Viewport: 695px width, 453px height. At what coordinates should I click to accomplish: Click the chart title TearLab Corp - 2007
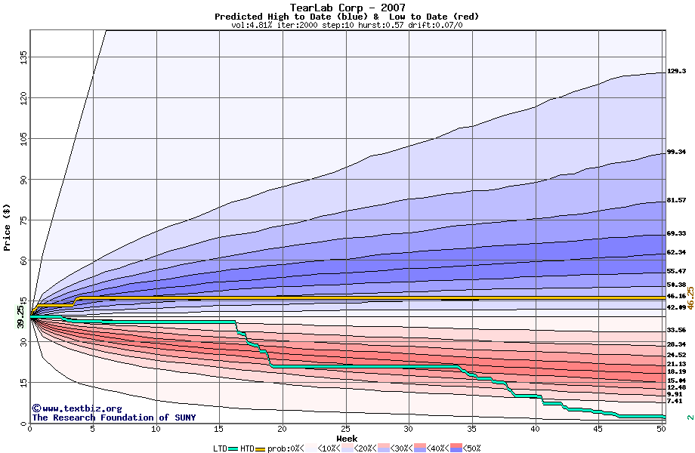(347, 8)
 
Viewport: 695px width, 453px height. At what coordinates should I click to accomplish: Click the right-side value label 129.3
(676, 72)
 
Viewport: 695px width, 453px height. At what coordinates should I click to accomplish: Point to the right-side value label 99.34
(676, 153)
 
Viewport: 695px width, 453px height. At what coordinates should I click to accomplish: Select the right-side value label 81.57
(676, 201)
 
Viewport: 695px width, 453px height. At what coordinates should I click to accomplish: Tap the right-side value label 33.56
(676, 331)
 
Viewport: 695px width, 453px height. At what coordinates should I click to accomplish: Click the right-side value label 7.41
(675, 402)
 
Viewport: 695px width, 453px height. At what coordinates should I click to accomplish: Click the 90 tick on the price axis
(22, 180)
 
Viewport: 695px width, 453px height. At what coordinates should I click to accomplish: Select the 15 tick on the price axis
(22, 382)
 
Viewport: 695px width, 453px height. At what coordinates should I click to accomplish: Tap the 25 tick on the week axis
(345, 430)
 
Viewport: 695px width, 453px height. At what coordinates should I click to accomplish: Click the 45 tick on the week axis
(598, 430)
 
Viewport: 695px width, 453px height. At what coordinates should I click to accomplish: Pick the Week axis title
(347, 439)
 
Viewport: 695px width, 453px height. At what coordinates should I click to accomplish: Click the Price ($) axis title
(8, 226)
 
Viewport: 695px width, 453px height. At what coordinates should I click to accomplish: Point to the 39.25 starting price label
(20, 315)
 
